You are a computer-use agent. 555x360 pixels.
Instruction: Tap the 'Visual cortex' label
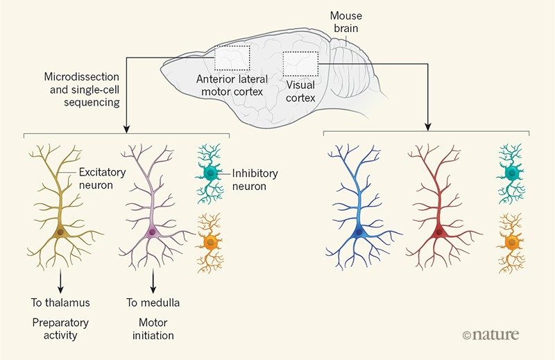pos(301,92)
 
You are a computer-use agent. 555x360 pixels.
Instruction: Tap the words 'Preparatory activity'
pos(59,329)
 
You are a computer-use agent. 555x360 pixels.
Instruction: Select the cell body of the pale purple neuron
pos(152,232)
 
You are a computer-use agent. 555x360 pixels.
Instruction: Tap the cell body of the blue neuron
pos(359,234)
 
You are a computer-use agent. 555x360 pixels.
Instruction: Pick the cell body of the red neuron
pos(439,234)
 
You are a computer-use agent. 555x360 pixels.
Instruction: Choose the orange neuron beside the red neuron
pos(511,241)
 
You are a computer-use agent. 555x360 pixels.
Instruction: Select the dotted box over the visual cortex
pos(300,63)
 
